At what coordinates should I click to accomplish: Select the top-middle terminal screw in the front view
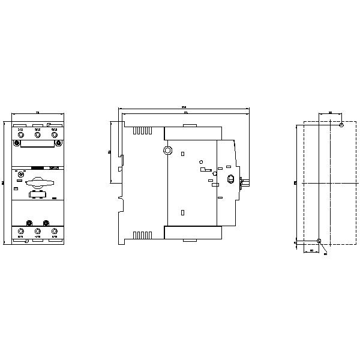click(37, 136)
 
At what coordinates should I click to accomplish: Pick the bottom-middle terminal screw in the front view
click(37, 230)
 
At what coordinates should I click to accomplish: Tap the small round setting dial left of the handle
click(21, 175)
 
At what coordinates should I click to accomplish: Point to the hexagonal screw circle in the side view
click(169, 151)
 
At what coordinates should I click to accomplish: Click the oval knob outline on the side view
click(231, 178)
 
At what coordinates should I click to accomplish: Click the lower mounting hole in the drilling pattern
click(319, 242)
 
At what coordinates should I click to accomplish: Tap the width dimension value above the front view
click(37, 112)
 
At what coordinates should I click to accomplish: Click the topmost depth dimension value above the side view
click(184, 107)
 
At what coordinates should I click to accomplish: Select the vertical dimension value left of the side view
click(109, 152)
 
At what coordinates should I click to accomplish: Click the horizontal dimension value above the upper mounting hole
click(331, 112)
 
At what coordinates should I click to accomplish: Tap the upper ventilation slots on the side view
click(141, 130)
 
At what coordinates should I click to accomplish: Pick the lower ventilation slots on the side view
click(141, 235)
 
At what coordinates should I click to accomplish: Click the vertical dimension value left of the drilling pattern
click(295, 182)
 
